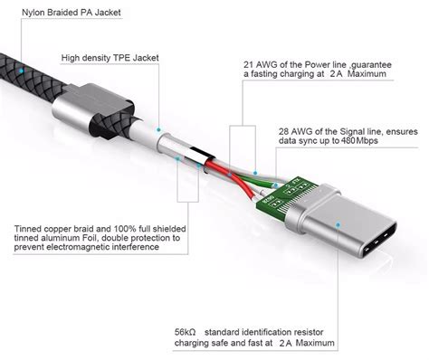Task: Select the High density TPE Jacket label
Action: [x=111, y=58]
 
